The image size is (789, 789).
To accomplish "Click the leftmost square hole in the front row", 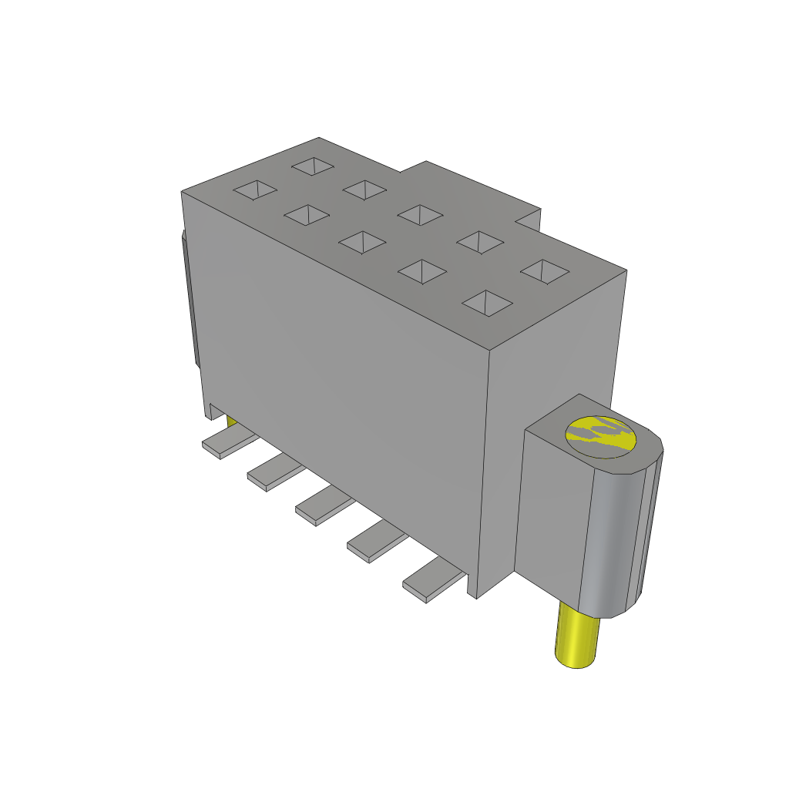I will click(x=255, y=190).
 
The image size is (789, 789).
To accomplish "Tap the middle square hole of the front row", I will click(x=362, y=243).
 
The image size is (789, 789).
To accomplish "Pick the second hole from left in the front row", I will click(x=307, y=216).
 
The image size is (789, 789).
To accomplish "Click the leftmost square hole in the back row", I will click(x=312, y=166).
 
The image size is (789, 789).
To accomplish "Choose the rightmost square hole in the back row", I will click(x=545, y=270).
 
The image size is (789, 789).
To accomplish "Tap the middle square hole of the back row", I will click(x=419, y=214).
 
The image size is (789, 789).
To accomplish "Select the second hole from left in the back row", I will click(x=364, y=189).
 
